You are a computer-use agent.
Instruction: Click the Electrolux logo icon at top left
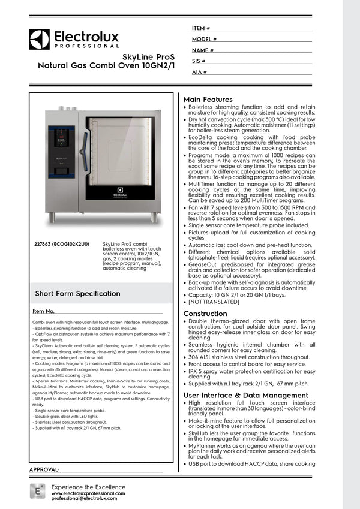coord(39,39)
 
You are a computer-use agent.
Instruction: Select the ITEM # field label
coord(201,28)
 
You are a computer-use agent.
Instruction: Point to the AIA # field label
coord(200,72)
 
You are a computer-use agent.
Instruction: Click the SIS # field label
coord(199,61)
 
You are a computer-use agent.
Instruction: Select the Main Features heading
coord(208,99)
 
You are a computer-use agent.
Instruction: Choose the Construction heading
coord(205,314)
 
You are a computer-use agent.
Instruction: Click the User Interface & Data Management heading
coord(245,395)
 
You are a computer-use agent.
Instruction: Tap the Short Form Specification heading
coord(77,293)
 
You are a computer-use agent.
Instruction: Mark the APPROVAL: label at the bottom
coord(44,469)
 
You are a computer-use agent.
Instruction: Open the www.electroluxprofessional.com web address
coord(88,493)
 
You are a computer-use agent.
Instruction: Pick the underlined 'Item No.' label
coord(43,311)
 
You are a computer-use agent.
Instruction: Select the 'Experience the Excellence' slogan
coord(87,486)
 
